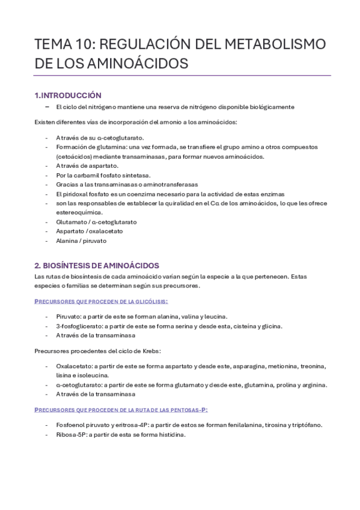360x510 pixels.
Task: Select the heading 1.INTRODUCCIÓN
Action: pos(67,95)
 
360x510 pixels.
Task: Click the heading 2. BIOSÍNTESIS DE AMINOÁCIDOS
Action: pos(96,265)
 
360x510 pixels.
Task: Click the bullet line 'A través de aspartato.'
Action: pos(87,165)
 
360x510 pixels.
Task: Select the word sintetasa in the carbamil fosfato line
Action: pos(134,175)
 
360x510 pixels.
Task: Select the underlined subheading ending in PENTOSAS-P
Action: pos(121,410)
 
